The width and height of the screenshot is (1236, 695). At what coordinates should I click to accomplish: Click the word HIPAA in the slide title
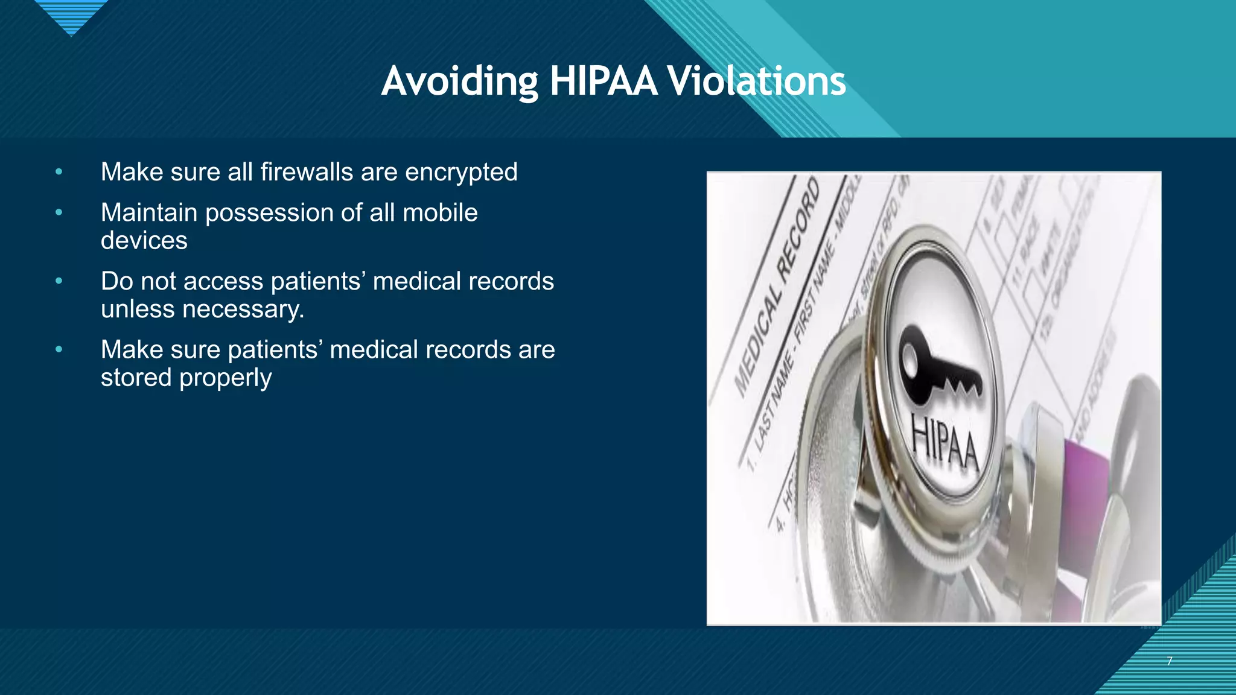[x=603, y=81]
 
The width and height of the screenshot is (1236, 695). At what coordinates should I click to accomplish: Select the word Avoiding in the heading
[x=459, y=81]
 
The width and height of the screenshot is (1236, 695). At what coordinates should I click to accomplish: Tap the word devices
[x=144, y=241]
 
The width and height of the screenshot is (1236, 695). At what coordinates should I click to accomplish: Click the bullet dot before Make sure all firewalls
[x=59, y=172]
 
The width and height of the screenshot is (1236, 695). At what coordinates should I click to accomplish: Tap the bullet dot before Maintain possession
[x=59, y=212]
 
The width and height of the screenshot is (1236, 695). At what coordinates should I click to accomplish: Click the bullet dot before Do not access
[x=59, y=281]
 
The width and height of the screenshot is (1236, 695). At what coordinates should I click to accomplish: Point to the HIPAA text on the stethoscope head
[x=945, y=444]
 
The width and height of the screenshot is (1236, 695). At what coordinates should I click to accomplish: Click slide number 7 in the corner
[x=1170, y=661]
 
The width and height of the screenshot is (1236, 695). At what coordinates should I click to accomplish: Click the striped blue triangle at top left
[x=71, y=15]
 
